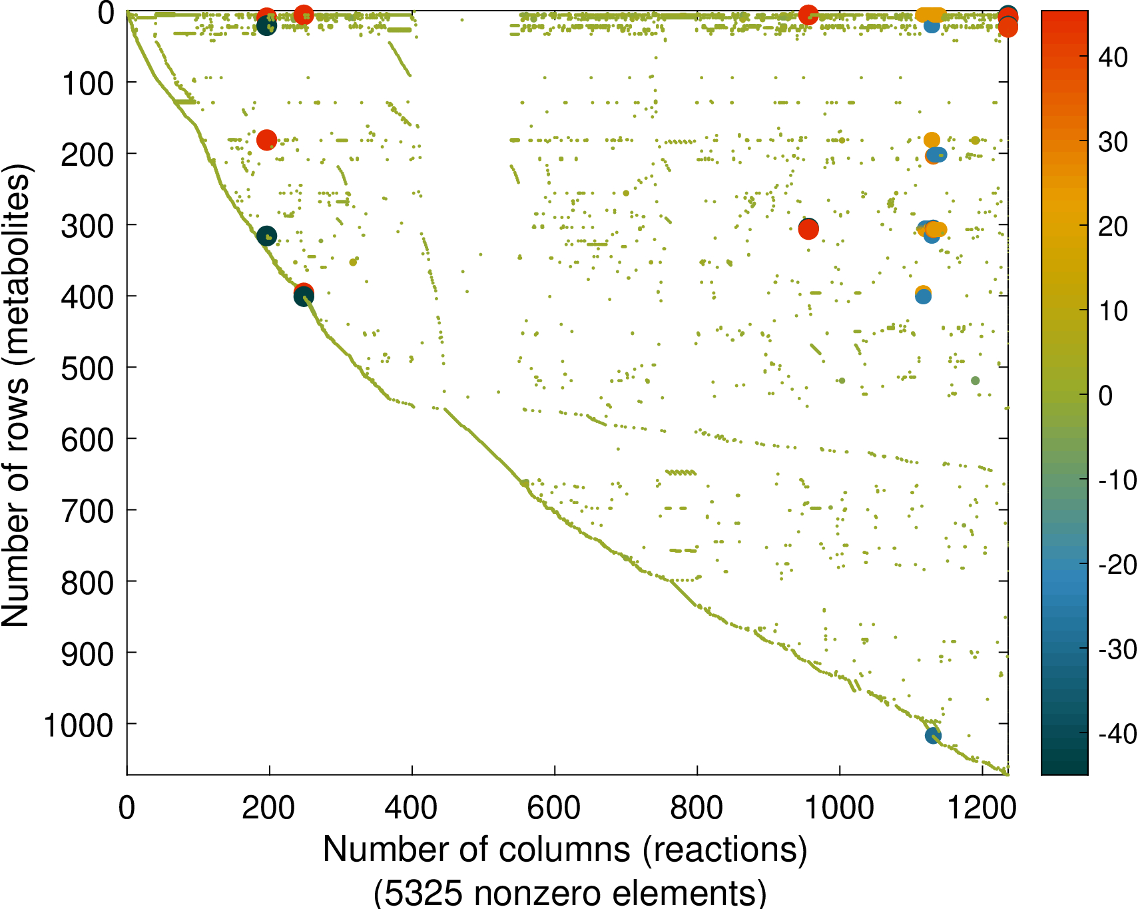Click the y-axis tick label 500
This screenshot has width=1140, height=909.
point(87,368)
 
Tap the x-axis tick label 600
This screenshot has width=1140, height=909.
point(553,808)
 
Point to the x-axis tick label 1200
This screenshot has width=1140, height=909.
point(981,808)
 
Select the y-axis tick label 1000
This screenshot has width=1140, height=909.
point(79,725)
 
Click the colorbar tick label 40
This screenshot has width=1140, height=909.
point(1113,57)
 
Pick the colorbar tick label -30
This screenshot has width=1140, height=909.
point(1117,649)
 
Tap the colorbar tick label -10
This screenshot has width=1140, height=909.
point(1117,479)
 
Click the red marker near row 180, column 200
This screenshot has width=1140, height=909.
point(266,140)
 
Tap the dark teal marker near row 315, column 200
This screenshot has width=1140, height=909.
point(266,236)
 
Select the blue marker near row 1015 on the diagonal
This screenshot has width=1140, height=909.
point(933,736)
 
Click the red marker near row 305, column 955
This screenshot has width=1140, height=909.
point(808,230)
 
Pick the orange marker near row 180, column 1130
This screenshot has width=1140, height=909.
point(932,140)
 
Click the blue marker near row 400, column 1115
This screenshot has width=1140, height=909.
point(923,296)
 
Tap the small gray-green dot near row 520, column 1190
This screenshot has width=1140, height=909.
point(976,381)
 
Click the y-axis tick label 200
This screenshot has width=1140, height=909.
point(87,154)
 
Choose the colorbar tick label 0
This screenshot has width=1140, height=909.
point(1105,396)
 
